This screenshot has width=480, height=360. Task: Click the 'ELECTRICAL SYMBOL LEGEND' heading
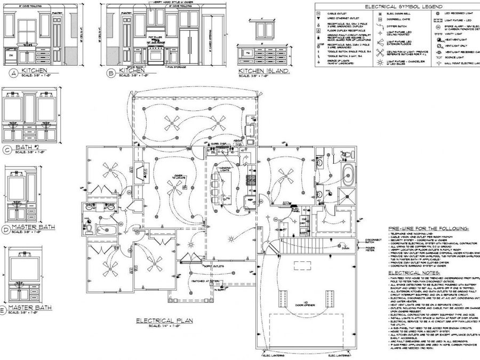pyautogui.click(x=396, y=6)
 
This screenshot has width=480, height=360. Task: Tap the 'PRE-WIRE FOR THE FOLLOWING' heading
pyautogui.click(x=429, y=228)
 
